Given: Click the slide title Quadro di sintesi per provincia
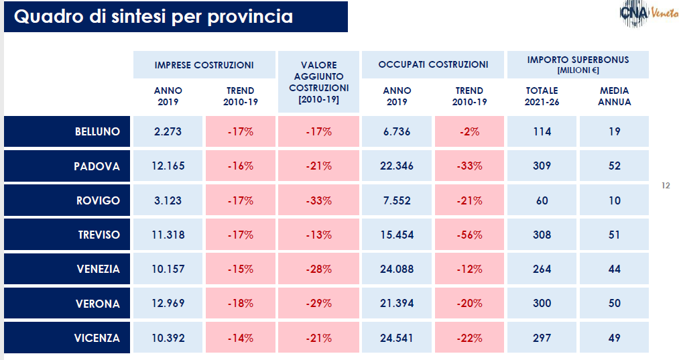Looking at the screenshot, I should (153, 17).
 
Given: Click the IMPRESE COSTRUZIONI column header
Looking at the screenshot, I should (204, 65).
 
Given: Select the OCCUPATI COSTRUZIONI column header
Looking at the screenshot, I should (433, 65).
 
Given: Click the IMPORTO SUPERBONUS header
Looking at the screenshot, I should (578, 64).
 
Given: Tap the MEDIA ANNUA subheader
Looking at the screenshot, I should (615, 97).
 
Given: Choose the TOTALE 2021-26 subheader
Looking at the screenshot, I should (542, 97).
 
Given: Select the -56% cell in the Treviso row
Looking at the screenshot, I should (469, 235).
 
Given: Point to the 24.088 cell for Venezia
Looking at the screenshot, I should (397, 269).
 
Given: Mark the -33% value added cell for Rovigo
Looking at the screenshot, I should (318, 200).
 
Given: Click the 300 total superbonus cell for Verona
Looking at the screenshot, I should (542, 304).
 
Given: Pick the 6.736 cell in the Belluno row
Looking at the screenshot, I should (397, 131).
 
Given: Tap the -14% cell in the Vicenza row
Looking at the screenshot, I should (240, 338).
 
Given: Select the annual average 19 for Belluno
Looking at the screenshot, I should (615, 131).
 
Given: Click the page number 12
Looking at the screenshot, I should (666, 186).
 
